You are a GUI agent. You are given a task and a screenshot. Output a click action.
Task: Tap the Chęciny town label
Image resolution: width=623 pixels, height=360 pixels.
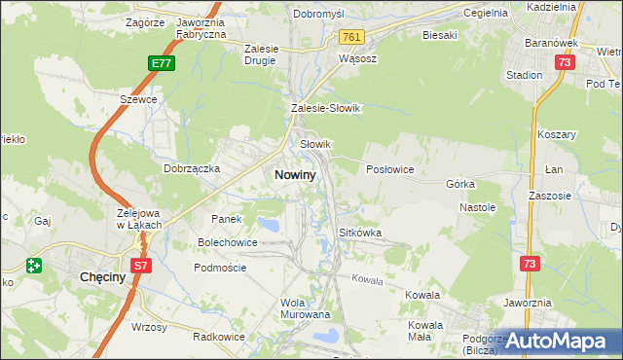tap(100, 277)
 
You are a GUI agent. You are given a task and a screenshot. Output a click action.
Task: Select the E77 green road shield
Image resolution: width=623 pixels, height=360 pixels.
tap(163, 63)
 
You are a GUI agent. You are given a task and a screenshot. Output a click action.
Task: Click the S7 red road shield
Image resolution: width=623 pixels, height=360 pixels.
tap(141, 265)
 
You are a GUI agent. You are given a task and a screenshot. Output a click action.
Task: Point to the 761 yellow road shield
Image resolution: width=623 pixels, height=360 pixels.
tap(352, 37)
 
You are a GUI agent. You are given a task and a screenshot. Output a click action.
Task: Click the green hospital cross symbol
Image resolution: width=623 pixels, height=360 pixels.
tap(35, 265)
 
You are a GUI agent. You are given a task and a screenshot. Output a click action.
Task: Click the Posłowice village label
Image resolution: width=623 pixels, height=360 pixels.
tap(389, 169)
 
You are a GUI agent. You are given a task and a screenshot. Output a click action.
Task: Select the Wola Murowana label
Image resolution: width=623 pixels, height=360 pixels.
tap(306, 308)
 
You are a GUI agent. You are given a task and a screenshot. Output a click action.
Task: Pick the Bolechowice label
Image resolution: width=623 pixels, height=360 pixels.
tap(228, 241)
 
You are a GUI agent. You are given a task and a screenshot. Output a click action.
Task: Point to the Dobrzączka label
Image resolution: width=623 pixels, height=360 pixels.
tap(192, 167)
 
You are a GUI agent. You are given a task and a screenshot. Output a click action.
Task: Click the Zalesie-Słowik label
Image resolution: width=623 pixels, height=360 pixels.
tap(326, 109)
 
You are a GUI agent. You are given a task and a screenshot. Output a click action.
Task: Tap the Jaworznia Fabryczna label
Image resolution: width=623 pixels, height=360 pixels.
tap(201, 27)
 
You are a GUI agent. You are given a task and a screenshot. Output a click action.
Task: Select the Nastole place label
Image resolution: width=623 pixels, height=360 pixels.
tap(477, 207)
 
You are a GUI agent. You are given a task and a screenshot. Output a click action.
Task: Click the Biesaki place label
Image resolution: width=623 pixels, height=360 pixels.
tap(439, 35)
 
